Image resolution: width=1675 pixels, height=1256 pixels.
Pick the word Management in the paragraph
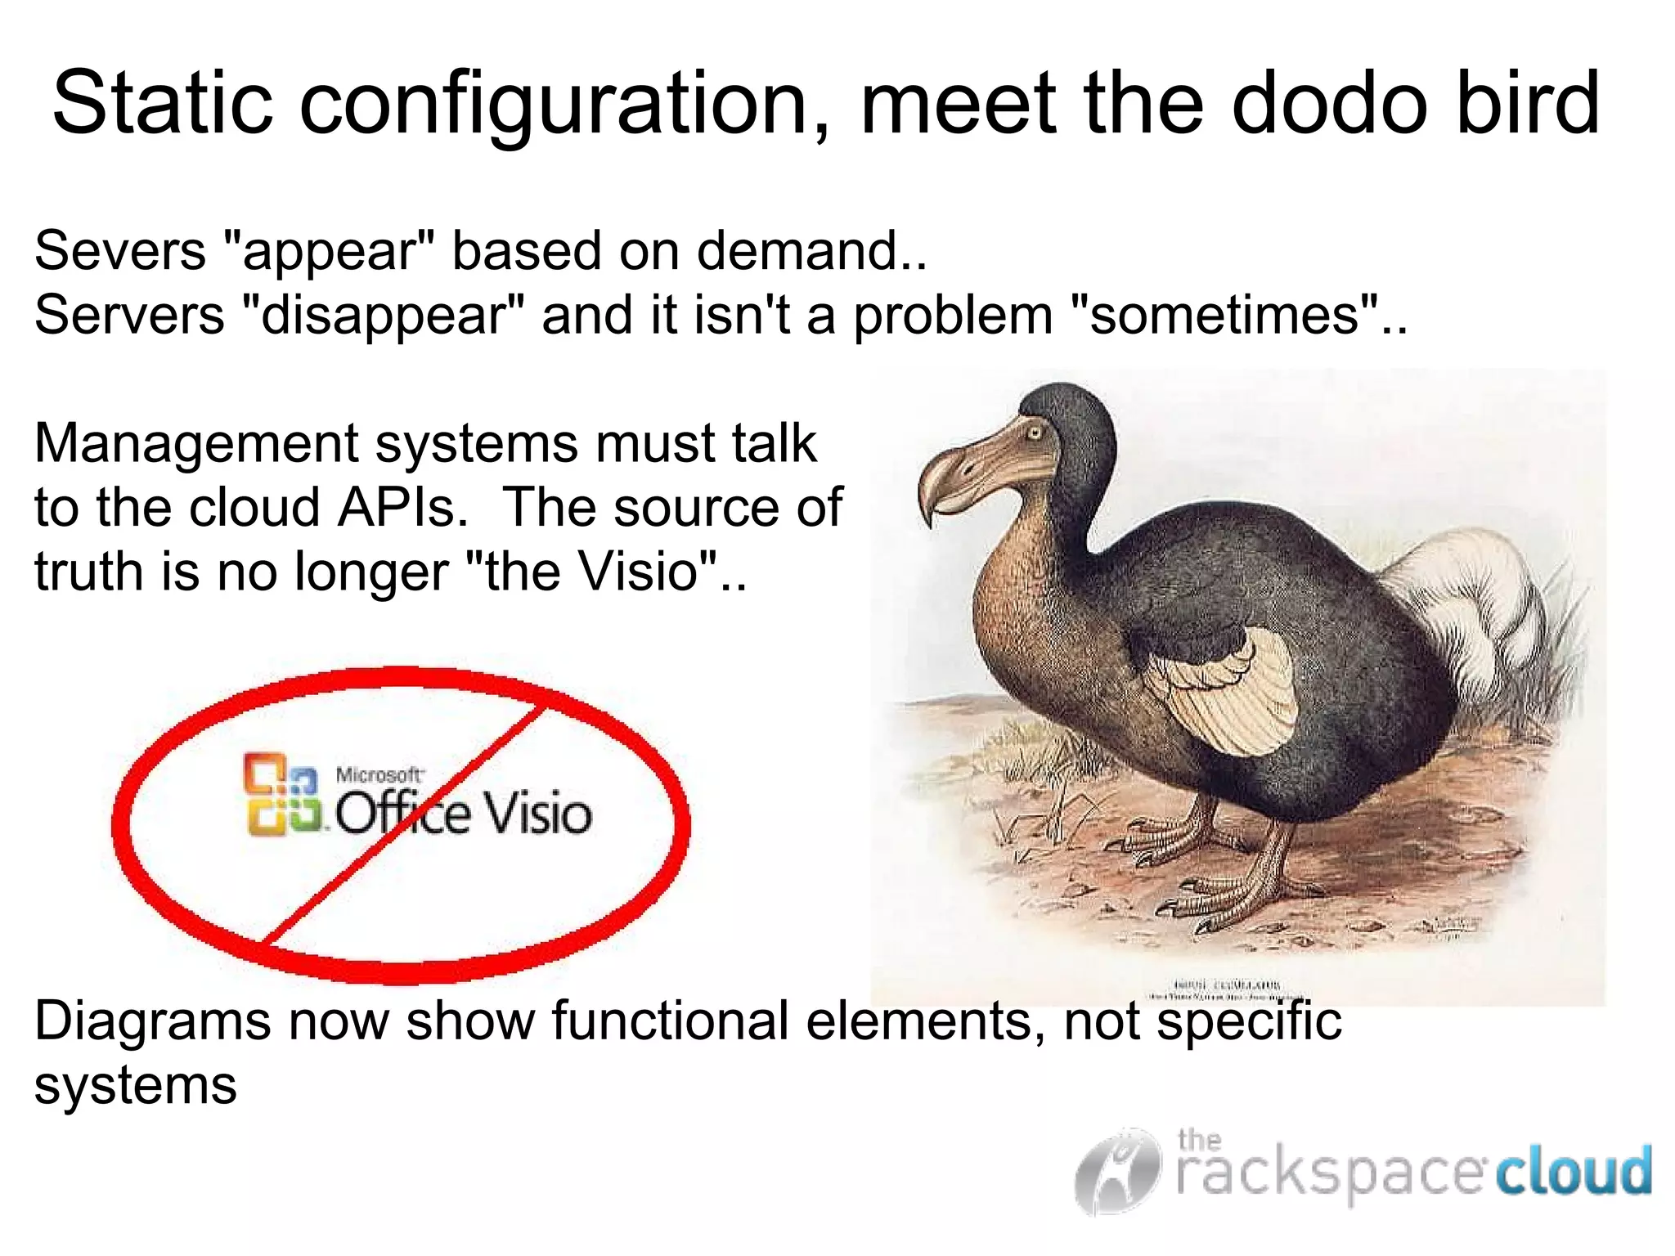click(x=196, y=444)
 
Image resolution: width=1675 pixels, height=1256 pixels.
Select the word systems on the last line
click(x=135, y=1085)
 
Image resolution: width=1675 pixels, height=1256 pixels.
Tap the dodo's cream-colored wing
click(x=1227, y=695)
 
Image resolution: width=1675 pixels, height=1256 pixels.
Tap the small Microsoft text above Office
click(x=379, y=774)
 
